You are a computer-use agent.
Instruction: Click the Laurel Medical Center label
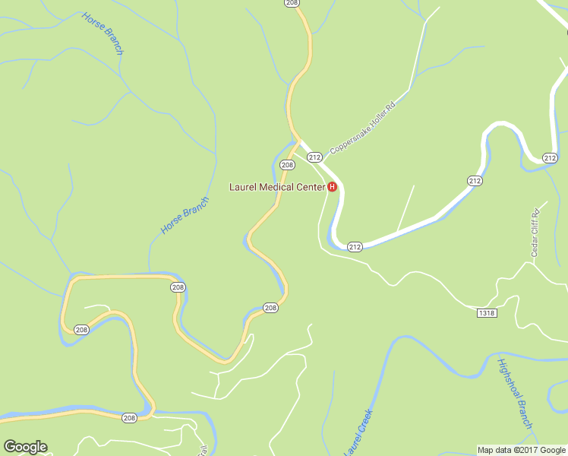pyautogui.click(x=277, y=187)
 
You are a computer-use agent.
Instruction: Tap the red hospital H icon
pyautogui.click(x=332, y=187)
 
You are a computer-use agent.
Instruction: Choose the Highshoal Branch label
pyautogui.click(x=516, y=393)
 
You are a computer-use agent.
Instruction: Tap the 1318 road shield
pyautogui.click(x=488, y=313)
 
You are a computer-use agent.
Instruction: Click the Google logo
pyautogui.click(x=25, y=447)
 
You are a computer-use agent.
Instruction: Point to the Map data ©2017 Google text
pyautogui.click(x=522, y=450)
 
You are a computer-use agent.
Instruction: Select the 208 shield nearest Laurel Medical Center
pyautogui.click(x=287, y=165)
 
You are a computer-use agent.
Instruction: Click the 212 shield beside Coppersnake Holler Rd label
pyautogui.click(x=314, y=157)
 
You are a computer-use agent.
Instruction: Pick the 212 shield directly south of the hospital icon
pyautogui.click(x=355, y=246)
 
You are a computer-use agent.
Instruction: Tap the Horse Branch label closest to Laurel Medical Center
pyautogui.click(x=185, y=215)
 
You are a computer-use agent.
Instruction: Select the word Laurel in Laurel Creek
pyautogui.click(x=352, y=442)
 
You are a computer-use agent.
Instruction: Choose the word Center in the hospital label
pyautogui.click(x=311, y=187)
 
